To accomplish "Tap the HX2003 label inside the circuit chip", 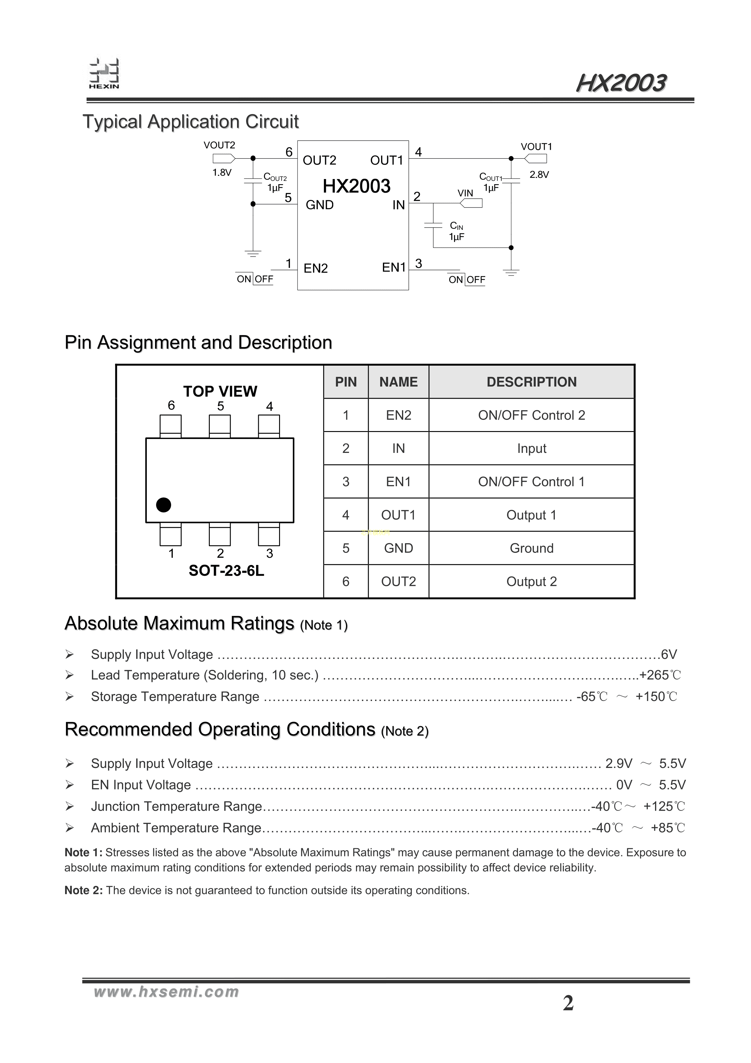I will (356, 186).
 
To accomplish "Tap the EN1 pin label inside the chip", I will (394, 267).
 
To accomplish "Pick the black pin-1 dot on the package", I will (163, 505).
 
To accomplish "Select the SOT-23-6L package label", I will (226, 571).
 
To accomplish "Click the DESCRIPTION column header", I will (531, 382).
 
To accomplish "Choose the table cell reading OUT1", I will (398, 515).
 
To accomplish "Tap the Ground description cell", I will (531, 548).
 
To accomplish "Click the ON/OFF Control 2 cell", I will (531, 415).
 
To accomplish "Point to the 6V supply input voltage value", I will (669, 654).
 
